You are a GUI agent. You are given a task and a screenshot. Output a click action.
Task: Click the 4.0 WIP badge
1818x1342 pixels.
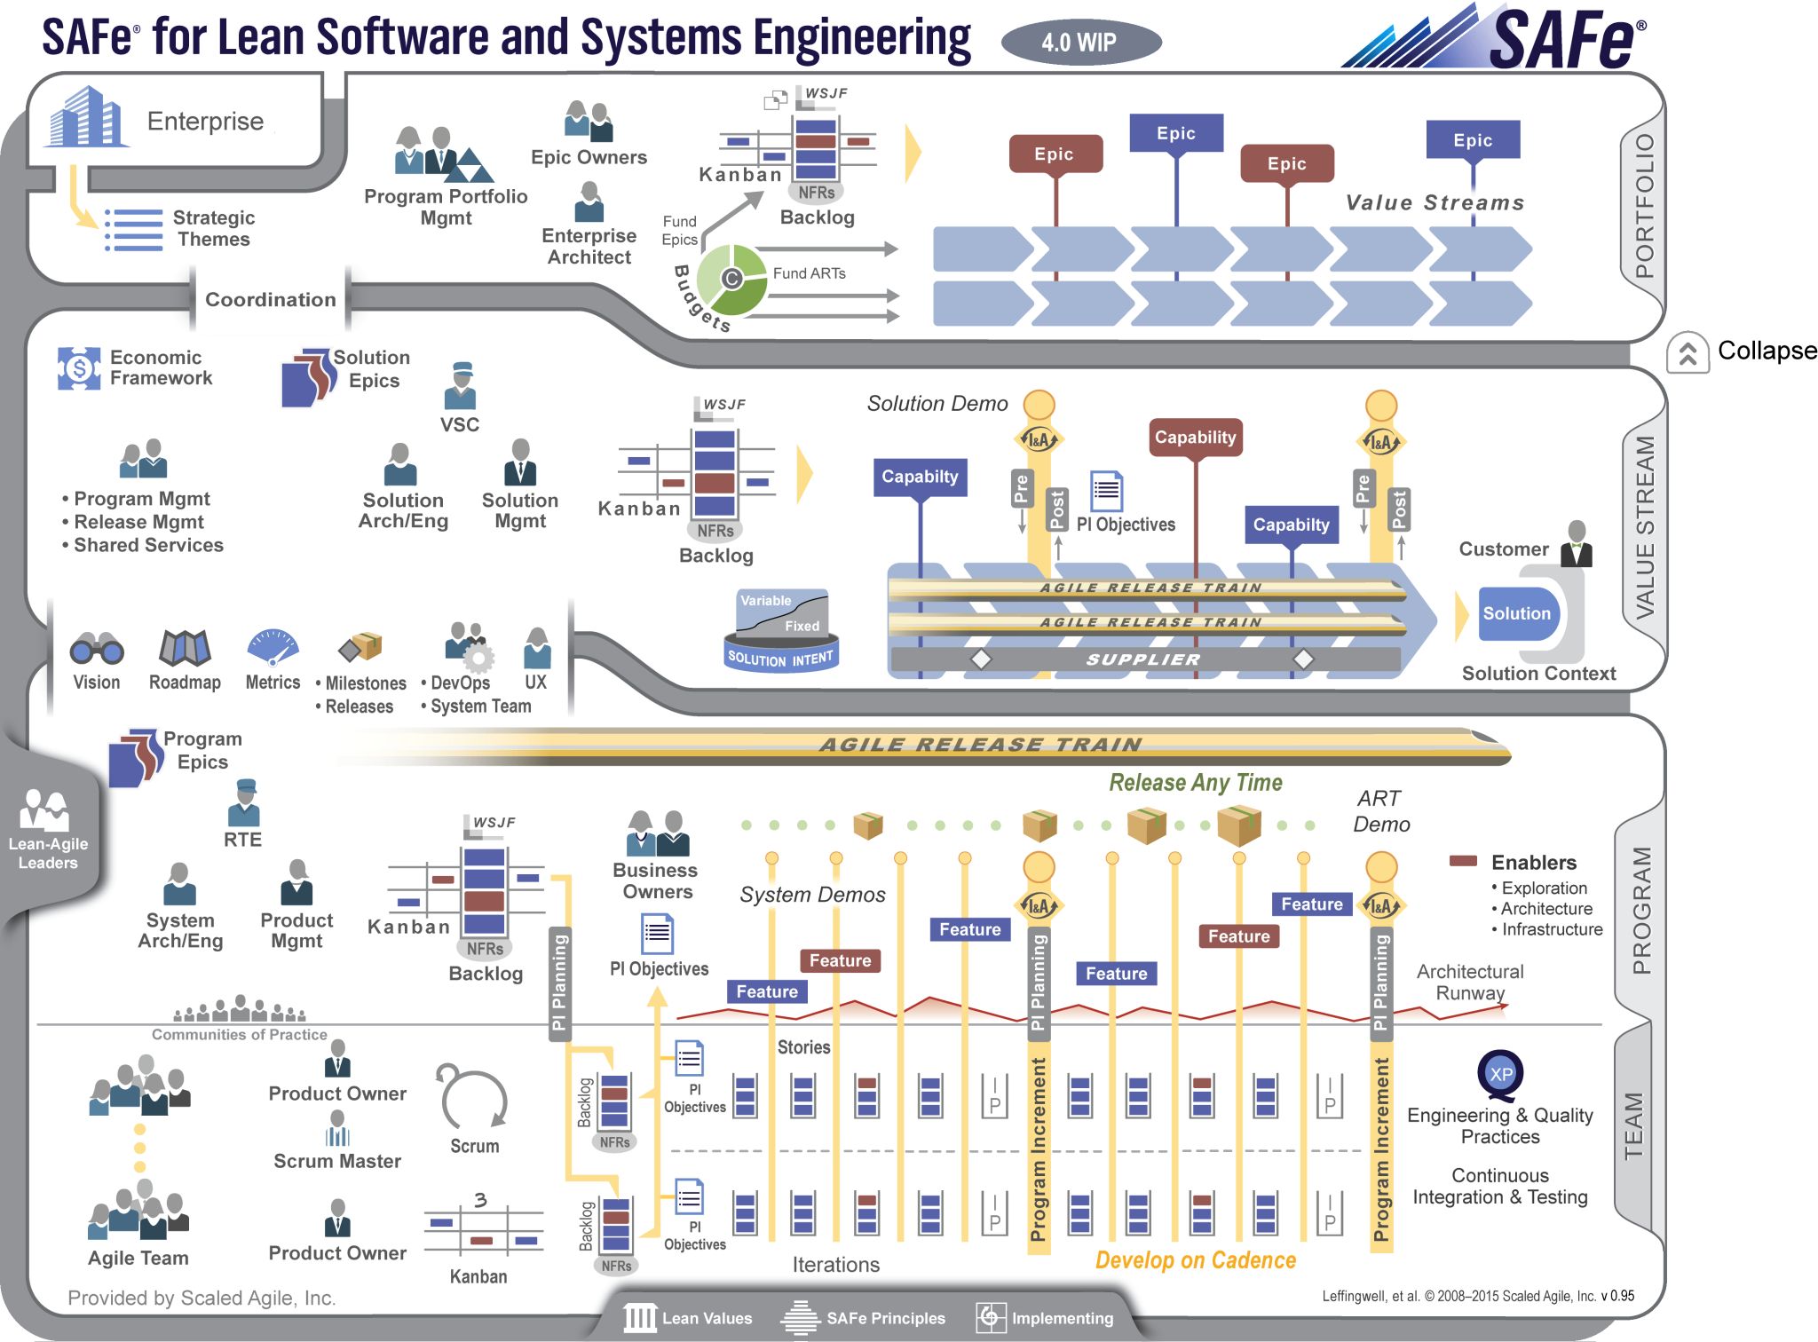1080,42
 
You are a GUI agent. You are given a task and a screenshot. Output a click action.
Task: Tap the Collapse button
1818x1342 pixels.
1688,352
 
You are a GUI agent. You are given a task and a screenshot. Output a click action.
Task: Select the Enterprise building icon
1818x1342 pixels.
85,118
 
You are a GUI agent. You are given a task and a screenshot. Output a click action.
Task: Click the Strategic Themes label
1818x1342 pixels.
213,228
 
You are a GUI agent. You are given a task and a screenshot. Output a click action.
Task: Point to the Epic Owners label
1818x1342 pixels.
589,157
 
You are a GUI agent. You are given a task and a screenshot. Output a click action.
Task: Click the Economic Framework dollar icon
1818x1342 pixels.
78,367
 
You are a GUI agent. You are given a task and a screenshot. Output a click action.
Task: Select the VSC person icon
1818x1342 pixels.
460,385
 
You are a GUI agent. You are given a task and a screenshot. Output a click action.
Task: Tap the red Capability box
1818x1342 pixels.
1195,438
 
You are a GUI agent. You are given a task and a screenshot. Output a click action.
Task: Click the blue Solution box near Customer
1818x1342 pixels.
1517,613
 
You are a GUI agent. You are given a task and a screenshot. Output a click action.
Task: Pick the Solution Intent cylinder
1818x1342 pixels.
781,631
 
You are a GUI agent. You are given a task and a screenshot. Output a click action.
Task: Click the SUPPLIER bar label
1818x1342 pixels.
1143,659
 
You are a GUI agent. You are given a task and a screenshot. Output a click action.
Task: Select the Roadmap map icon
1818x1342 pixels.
184,648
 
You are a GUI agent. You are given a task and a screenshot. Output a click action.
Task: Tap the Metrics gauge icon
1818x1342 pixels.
273,648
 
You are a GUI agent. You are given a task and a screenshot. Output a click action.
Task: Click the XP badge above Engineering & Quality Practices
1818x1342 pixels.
1500,1074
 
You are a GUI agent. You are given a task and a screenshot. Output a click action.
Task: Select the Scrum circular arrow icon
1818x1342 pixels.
473,1098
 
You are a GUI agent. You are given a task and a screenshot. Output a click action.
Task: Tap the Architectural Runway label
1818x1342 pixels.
1469,982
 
